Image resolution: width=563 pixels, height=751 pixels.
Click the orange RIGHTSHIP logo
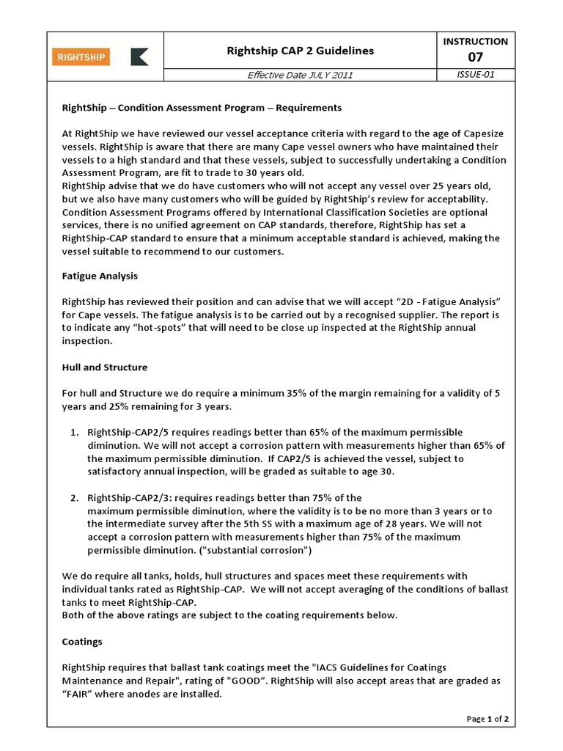click(81, 56)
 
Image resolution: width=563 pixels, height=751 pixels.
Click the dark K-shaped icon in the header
click(139, 56)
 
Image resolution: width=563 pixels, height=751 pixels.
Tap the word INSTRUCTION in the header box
click(475, 42)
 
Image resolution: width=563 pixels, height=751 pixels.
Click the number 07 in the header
click(475, 57)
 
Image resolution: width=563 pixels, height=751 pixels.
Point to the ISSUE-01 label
click(475, 75)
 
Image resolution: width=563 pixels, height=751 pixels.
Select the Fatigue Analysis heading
click(100, 276)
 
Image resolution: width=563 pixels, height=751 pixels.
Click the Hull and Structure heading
click(105, 367)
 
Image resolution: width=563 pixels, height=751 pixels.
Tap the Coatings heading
click(82, 641)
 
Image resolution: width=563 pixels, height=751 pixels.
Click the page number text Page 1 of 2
click(487, 719)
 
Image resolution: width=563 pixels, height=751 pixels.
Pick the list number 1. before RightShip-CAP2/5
click(75, 432)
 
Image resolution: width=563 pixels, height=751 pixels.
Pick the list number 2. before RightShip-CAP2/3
click(75, 498)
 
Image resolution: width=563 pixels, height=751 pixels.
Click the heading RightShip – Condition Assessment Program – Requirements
click(202, 108)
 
